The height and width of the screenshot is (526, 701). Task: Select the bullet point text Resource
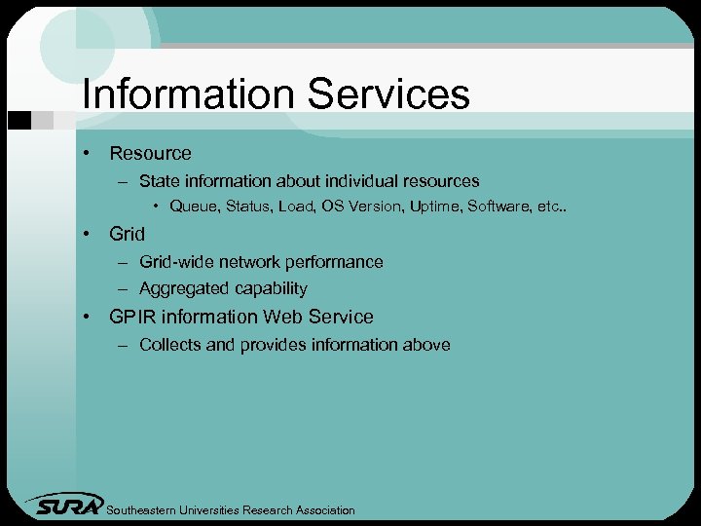[151, 154]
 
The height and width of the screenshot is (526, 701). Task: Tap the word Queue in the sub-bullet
[192, 207]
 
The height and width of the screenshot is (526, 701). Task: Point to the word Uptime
[435, 207]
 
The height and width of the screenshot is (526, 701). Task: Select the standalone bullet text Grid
[128, 235]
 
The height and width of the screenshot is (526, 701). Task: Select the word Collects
[170, 345]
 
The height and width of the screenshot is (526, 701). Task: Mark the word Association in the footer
[323, 510]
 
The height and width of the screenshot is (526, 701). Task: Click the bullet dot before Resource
[88, 154]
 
